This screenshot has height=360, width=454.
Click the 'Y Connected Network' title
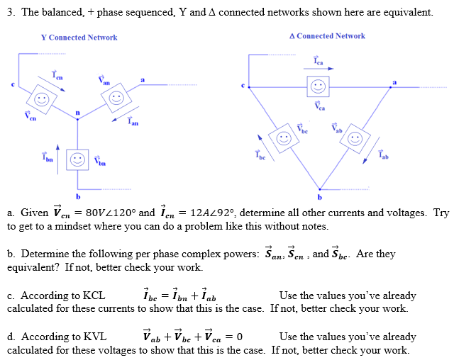click(79, 38)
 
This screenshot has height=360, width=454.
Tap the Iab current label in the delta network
click(383, 154)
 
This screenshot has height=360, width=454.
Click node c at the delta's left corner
click(245, 86)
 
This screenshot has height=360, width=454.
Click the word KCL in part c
click(92, 296)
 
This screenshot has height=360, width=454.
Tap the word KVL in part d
click(92, 337)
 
